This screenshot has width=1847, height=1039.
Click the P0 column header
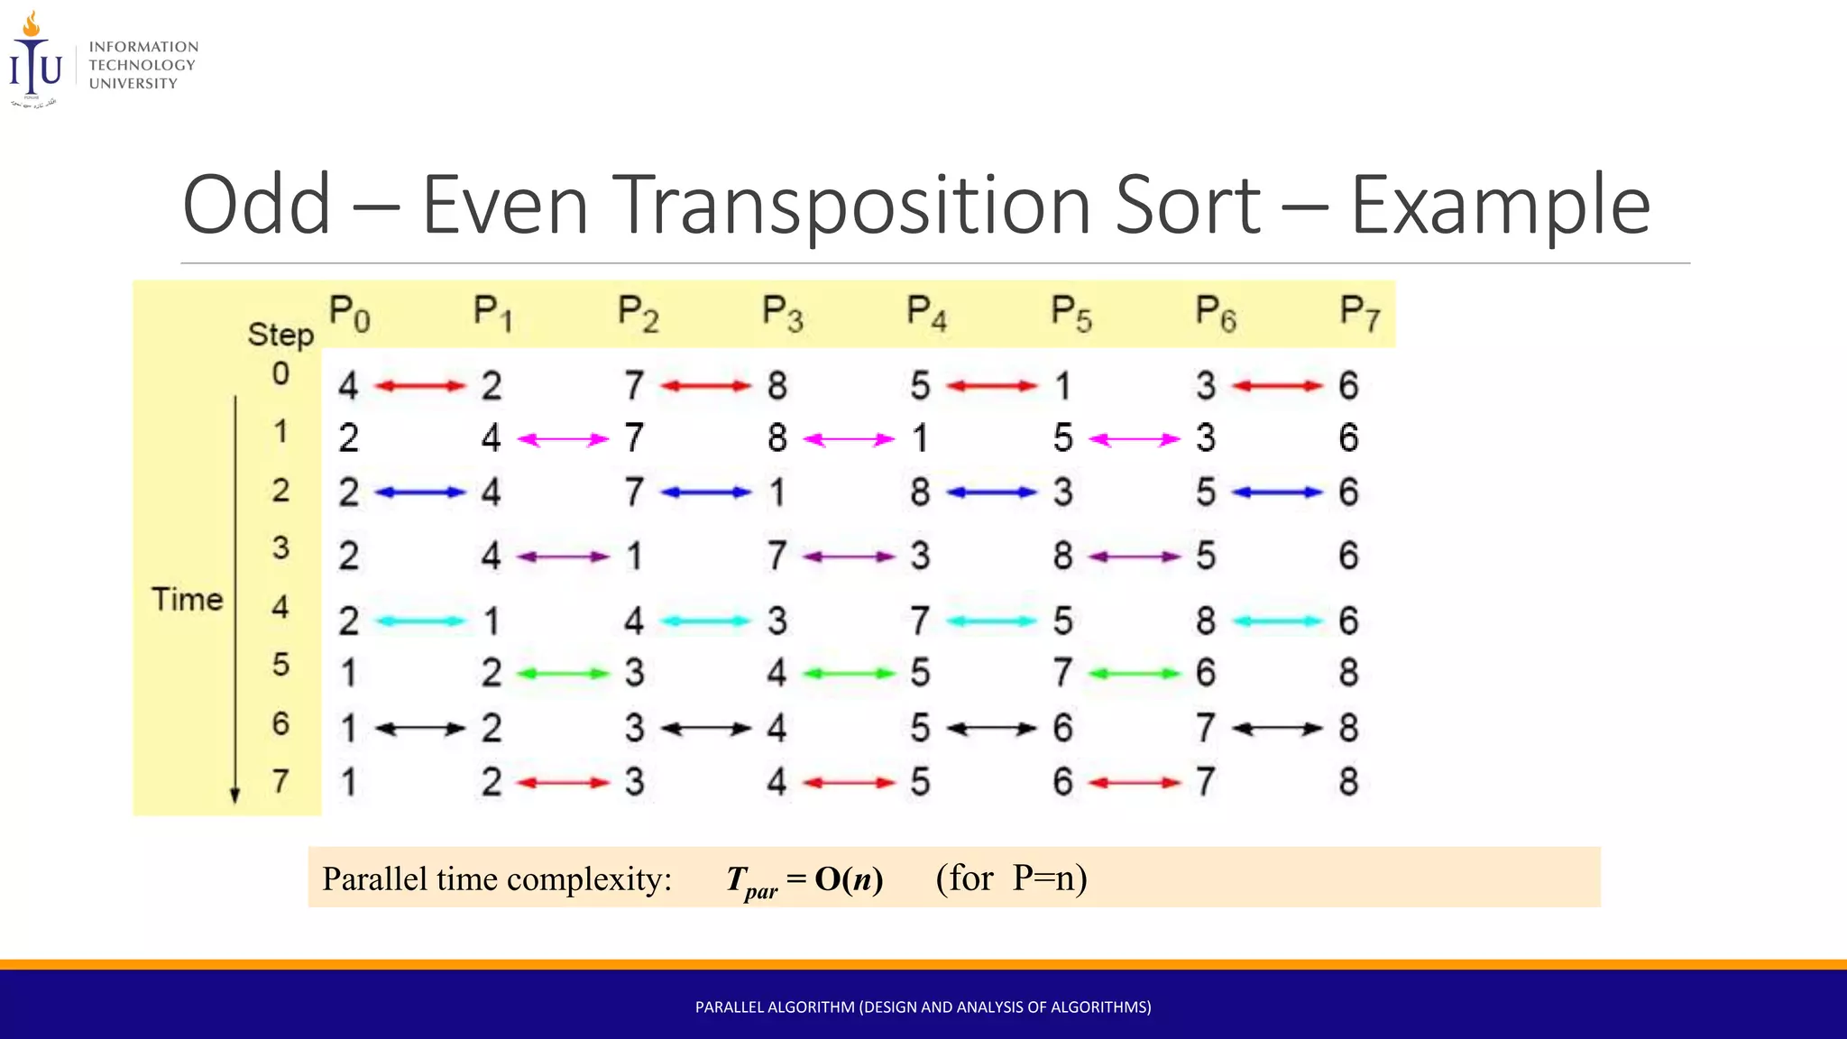click(349, 314)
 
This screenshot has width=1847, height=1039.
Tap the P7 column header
click(1359, 314)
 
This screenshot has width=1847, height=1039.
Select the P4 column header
click(926, 314)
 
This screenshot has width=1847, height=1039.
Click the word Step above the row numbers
click(280, 335)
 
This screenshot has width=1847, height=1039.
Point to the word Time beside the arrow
click(187, 599)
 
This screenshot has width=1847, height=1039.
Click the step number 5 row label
click(280, 665)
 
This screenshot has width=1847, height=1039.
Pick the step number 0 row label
click(280, 373)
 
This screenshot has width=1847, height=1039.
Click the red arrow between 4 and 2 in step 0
click(419, 386)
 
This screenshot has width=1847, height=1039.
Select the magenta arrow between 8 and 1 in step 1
click(848, 439)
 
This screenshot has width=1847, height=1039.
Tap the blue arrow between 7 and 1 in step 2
click(705, 492)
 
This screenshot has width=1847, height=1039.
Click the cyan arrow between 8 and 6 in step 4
click(1277, 621)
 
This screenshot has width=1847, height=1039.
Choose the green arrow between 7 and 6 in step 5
click(1134, 674)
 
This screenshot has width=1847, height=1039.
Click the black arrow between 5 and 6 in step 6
click(991, 729)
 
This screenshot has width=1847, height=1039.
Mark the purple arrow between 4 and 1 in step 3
click(563, 556)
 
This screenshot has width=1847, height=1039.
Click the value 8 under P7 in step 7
click(1347, 781)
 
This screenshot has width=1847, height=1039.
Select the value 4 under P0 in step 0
click(348, 386)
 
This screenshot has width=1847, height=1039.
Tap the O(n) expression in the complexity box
click(848, 878)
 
